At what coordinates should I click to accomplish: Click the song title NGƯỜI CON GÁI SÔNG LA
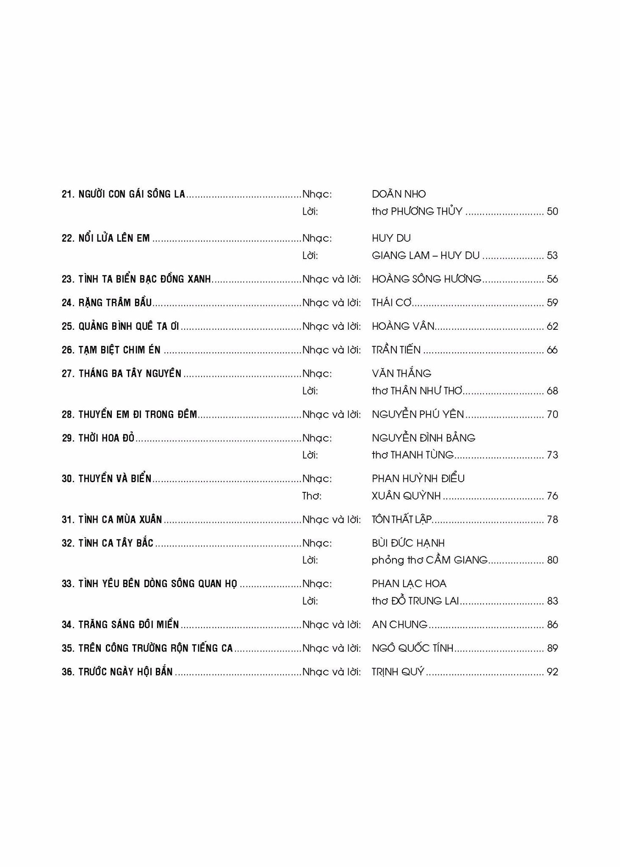pos(132,194)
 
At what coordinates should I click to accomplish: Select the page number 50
pos(552,211)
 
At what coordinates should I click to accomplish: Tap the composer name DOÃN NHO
pos(399,194)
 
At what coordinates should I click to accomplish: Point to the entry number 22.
pos(68,238)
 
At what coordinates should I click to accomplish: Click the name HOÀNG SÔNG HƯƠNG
pos(426,279)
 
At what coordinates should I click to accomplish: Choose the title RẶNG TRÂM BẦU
pos(115,303)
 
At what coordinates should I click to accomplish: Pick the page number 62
pos(552,326)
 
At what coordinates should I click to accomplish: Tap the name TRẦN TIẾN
pos(396,350)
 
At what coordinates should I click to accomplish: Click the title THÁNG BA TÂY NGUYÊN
pos(130,373)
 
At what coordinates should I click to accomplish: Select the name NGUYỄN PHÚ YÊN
pos(418,414)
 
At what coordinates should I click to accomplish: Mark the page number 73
pos(552,455)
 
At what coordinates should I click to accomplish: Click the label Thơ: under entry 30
pos(312,496)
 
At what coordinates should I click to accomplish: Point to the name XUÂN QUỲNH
pos(406,496)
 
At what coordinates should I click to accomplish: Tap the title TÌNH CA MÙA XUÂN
pos(120,519)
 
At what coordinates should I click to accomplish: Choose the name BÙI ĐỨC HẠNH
pos(408,543)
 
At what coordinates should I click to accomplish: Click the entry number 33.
pos(68,584)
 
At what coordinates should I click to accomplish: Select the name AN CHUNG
pos(399,624)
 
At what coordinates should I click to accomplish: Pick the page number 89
pos(552,648)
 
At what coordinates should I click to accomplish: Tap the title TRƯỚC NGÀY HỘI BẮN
pos(125,672)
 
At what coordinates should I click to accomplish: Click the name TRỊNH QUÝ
pos(398,672)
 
